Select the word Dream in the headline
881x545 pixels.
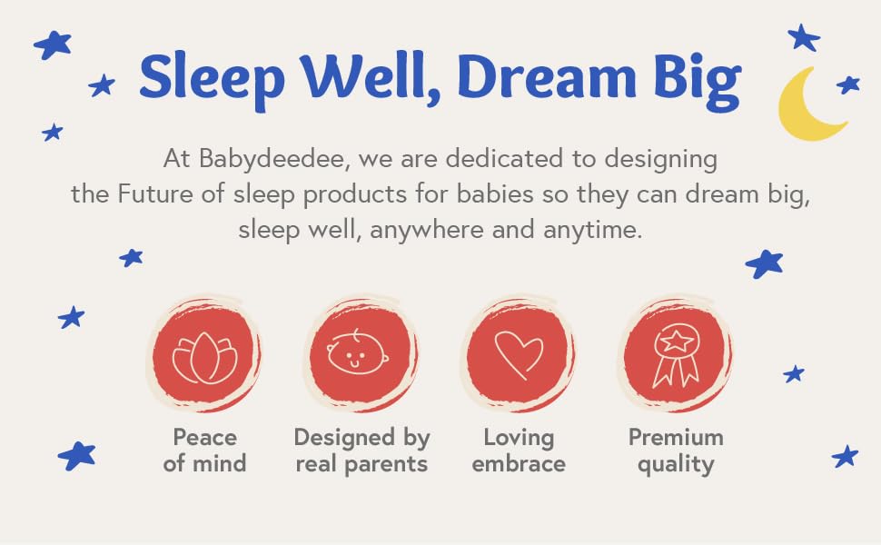(547, 76)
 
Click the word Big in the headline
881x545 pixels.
(698, 82)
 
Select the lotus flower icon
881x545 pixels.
(204, 358)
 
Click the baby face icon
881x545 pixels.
(357, 352)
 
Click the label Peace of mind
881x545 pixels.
(204, 451)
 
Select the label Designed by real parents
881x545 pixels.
(361, 451)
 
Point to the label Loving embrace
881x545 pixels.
(519, 451)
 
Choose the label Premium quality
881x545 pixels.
(676, 451)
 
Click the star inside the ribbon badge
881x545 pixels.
(677, 340)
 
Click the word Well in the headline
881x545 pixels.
(370, 76)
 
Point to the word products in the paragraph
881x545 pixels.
(354, 195)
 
